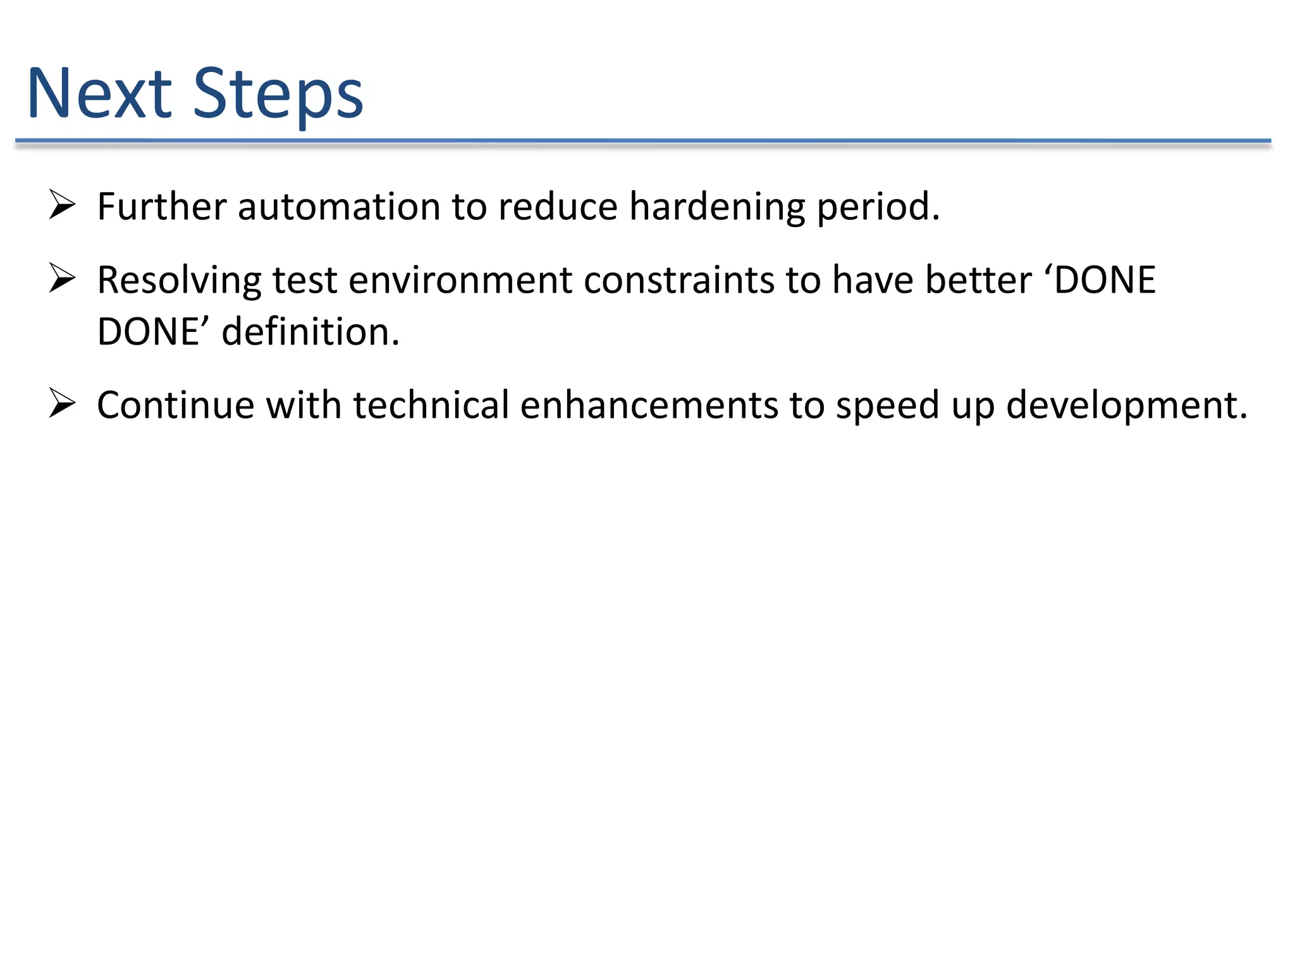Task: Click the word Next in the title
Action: (x=99, y=94)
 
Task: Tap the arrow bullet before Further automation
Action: (x=62, y=205)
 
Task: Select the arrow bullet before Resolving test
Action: (x=62, y=279)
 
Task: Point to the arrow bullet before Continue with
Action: (x=62, y=404)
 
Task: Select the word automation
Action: (x=338, y=207)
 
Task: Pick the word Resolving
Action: (x=179, y=281)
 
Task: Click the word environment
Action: (x=460, y=280)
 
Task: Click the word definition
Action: (x=310, y=332)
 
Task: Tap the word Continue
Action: (x=175, y=405)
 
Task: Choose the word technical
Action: (x=431, y=405)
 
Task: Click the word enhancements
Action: (x=649, y=405)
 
